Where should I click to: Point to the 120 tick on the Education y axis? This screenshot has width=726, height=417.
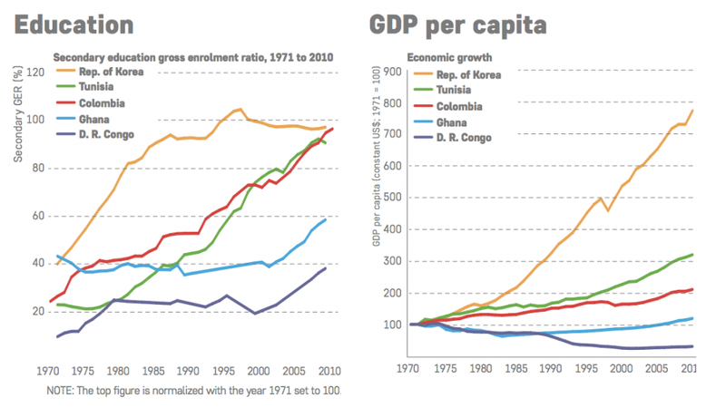click(35, 73)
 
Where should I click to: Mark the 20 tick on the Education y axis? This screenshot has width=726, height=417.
click(38, 312)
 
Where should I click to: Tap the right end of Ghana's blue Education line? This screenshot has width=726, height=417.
click(326, 219)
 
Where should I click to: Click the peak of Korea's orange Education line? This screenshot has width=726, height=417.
click(240, 110)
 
